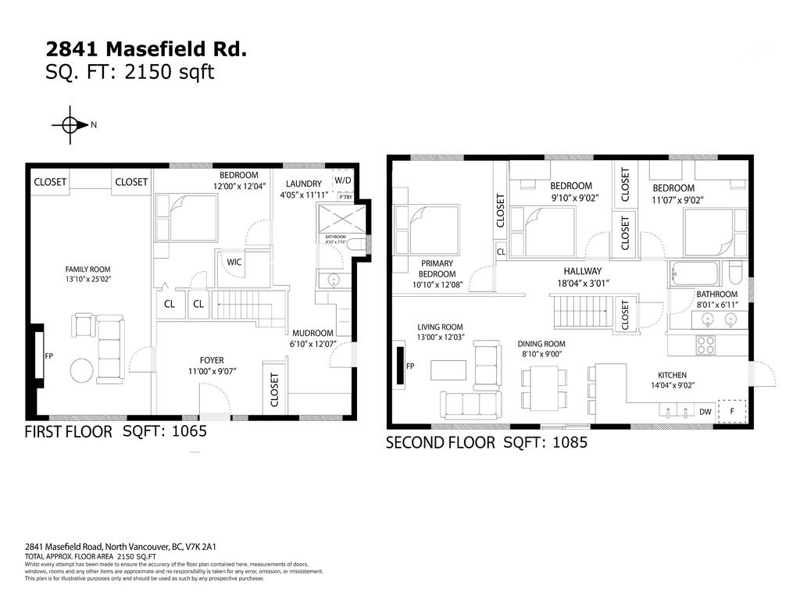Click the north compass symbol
point(69,125)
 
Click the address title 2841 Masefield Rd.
point(147,49)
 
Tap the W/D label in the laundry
point(343,180)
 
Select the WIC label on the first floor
point(234,262)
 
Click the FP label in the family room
point(48,356)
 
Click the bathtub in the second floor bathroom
point(694,275)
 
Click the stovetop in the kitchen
point(706,345)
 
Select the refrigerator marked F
point(732,410)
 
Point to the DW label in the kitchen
point(705,412)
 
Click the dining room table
point(544,388)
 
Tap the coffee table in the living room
point(448,370)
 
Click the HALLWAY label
point(582,277)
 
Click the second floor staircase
point(582,312)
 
